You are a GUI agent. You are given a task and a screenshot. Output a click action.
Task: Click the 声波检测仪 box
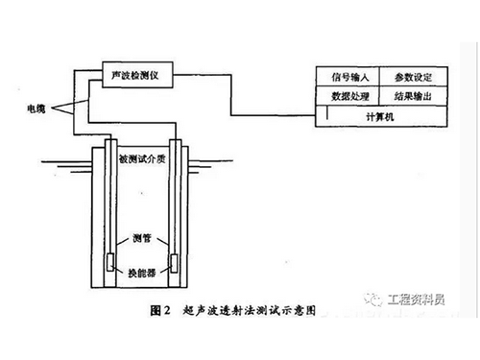coord(132,73)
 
